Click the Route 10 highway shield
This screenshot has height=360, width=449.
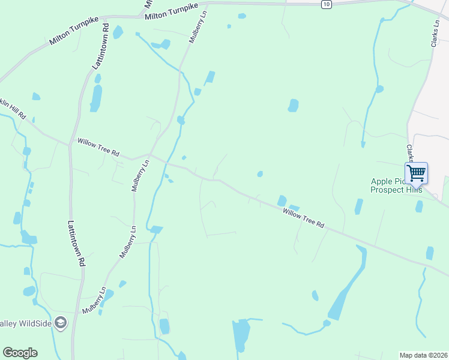325,4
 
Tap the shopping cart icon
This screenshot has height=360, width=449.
416,173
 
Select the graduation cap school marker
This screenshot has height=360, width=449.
60,323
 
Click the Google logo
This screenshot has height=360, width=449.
20,353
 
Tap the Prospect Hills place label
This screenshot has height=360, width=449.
396,190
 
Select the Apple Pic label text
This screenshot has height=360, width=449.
388,181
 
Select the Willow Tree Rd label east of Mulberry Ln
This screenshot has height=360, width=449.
303,217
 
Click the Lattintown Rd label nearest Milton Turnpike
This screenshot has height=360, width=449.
100,46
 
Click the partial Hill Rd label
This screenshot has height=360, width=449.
13,108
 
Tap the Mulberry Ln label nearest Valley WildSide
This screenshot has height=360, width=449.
94,300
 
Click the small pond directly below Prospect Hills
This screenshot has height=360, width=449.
418,206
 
